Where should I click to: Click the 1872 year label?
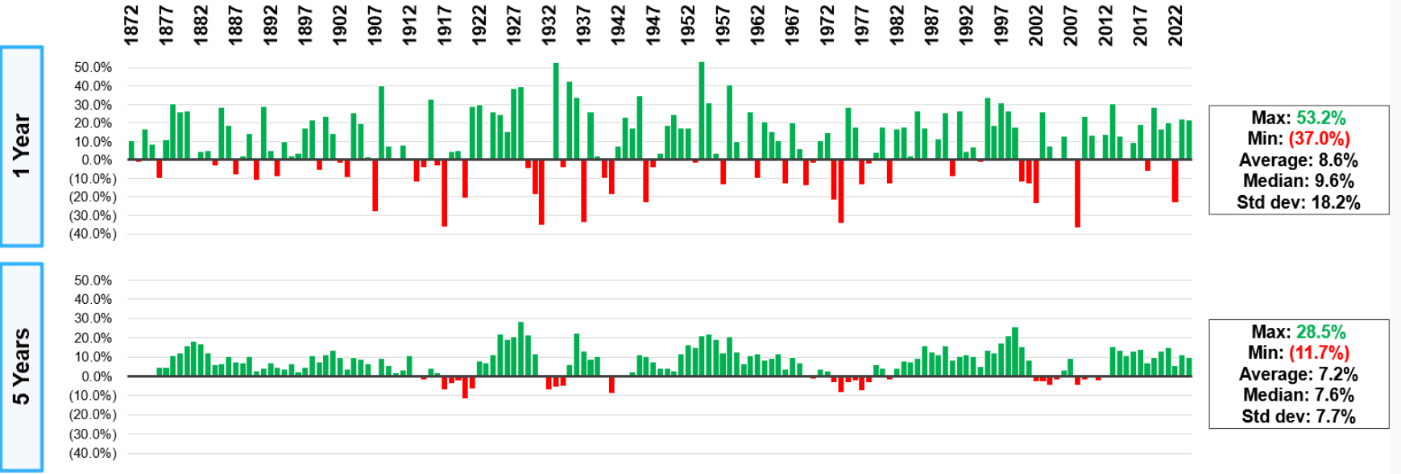pos(131,25)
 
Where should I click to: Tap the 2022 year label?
pos(1175,25)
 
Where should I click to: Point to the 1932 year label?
pos(549,25)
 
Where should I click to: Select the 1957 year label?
pos(723,25)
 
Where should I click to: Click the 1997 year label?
pos(1001,25)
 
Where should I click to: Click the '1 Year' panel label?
pos(21,145)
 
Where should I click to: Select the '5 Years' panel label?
pos(21,367)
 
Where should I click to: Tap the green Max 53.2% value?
pos(1320,118)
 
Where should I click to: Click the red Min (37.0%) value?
pos(1320,139)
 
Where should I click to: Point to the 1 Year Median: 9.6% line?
pos(1298,181)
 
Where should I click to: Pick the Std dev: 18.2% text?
pos(1298,202)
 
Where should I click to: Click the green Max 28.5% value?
pos(1320,331)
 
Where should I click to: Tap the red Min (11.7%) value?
pos(1320,352)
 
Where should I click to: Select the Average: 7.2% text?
pos(1298,374)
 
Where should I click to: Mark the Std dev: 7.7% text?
pos(1298,416)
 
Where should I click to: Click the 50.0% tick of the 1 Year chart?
pos(93,67)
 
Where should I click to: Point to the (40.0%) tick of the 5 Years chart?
pos(90,453)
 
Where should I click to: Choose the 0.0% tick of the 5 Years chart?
pos(96,376)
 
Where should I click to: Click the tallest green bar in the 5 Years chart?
pos(521,349)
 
